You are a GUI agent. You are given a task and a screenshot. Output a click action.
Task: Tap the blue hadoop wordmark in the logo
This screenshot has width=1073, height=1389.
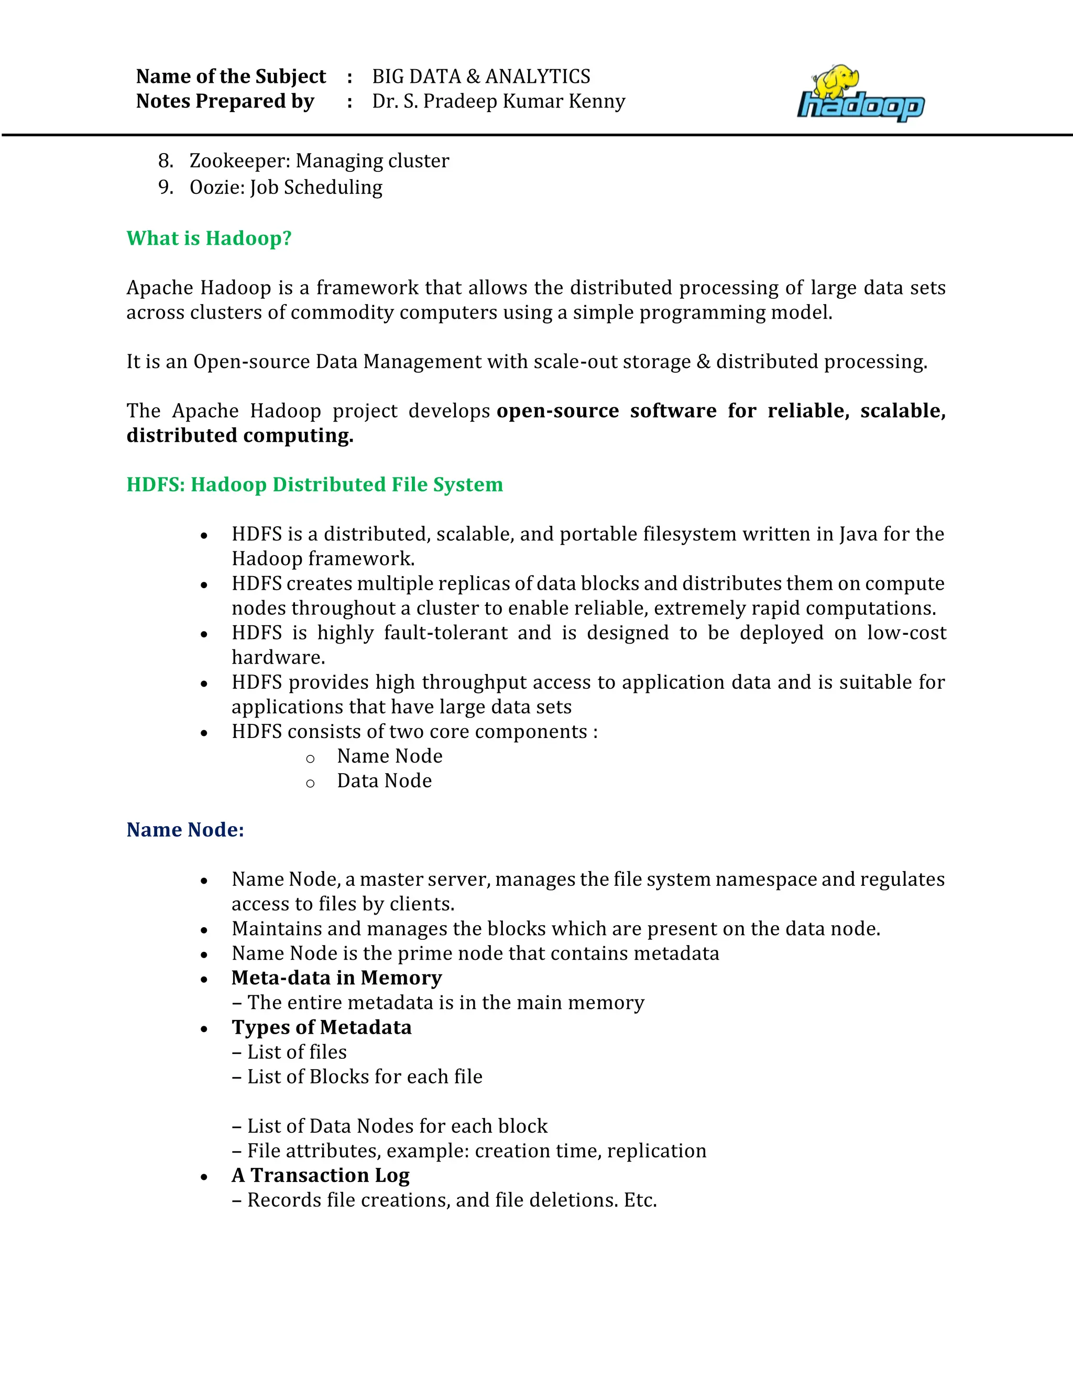pyautogui.click(x=861, y=107)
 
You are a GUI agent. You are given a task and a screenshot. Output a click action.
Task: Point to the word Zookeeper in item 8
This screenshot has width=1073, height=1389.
pyautogui.click(x=239, y=161)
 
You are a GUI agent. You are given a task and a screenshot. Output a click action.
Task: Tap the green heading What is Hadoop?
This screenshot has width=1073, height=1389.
pyautogui.click(x=209, y=238)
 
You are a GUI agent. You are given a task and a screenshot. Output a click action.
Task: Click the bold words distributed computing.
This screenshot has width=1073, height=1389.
pyautogui.click(x=239, y=436)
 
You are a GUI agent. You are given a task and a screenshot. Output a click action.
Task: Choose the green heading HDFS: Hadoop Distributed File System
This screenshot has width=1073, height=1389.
pyautogui.click(x=315, y=485)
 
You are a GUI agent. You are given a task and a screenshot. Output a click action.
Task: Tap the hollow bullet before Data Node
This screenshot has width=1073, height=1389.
pyautogui.click(x=310, y=784)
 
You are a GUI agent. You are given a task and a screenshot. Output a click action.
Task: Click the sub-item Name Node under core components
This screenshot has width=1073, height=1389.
pyautogui.click(x=390, y=756)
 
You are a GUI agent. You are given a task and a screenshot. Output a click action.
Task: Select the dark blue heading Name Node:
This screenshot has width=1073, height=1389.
pyautogui.click(x=185, y=830)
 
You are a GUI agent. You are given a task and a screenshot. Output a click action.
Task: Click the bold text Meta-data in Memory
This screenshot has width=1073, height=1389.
pyautogui.click(x=336, y=978)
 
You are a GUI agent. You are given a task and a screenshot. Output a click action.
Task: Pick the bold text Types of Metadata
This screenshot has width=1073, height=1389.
pyautogui.click(x=321, y=1028)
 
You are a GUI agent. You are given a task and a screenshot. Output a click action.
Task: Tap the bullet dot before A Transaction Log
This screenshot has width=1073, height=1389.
pyautogui.click(x=204, y=1177)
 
